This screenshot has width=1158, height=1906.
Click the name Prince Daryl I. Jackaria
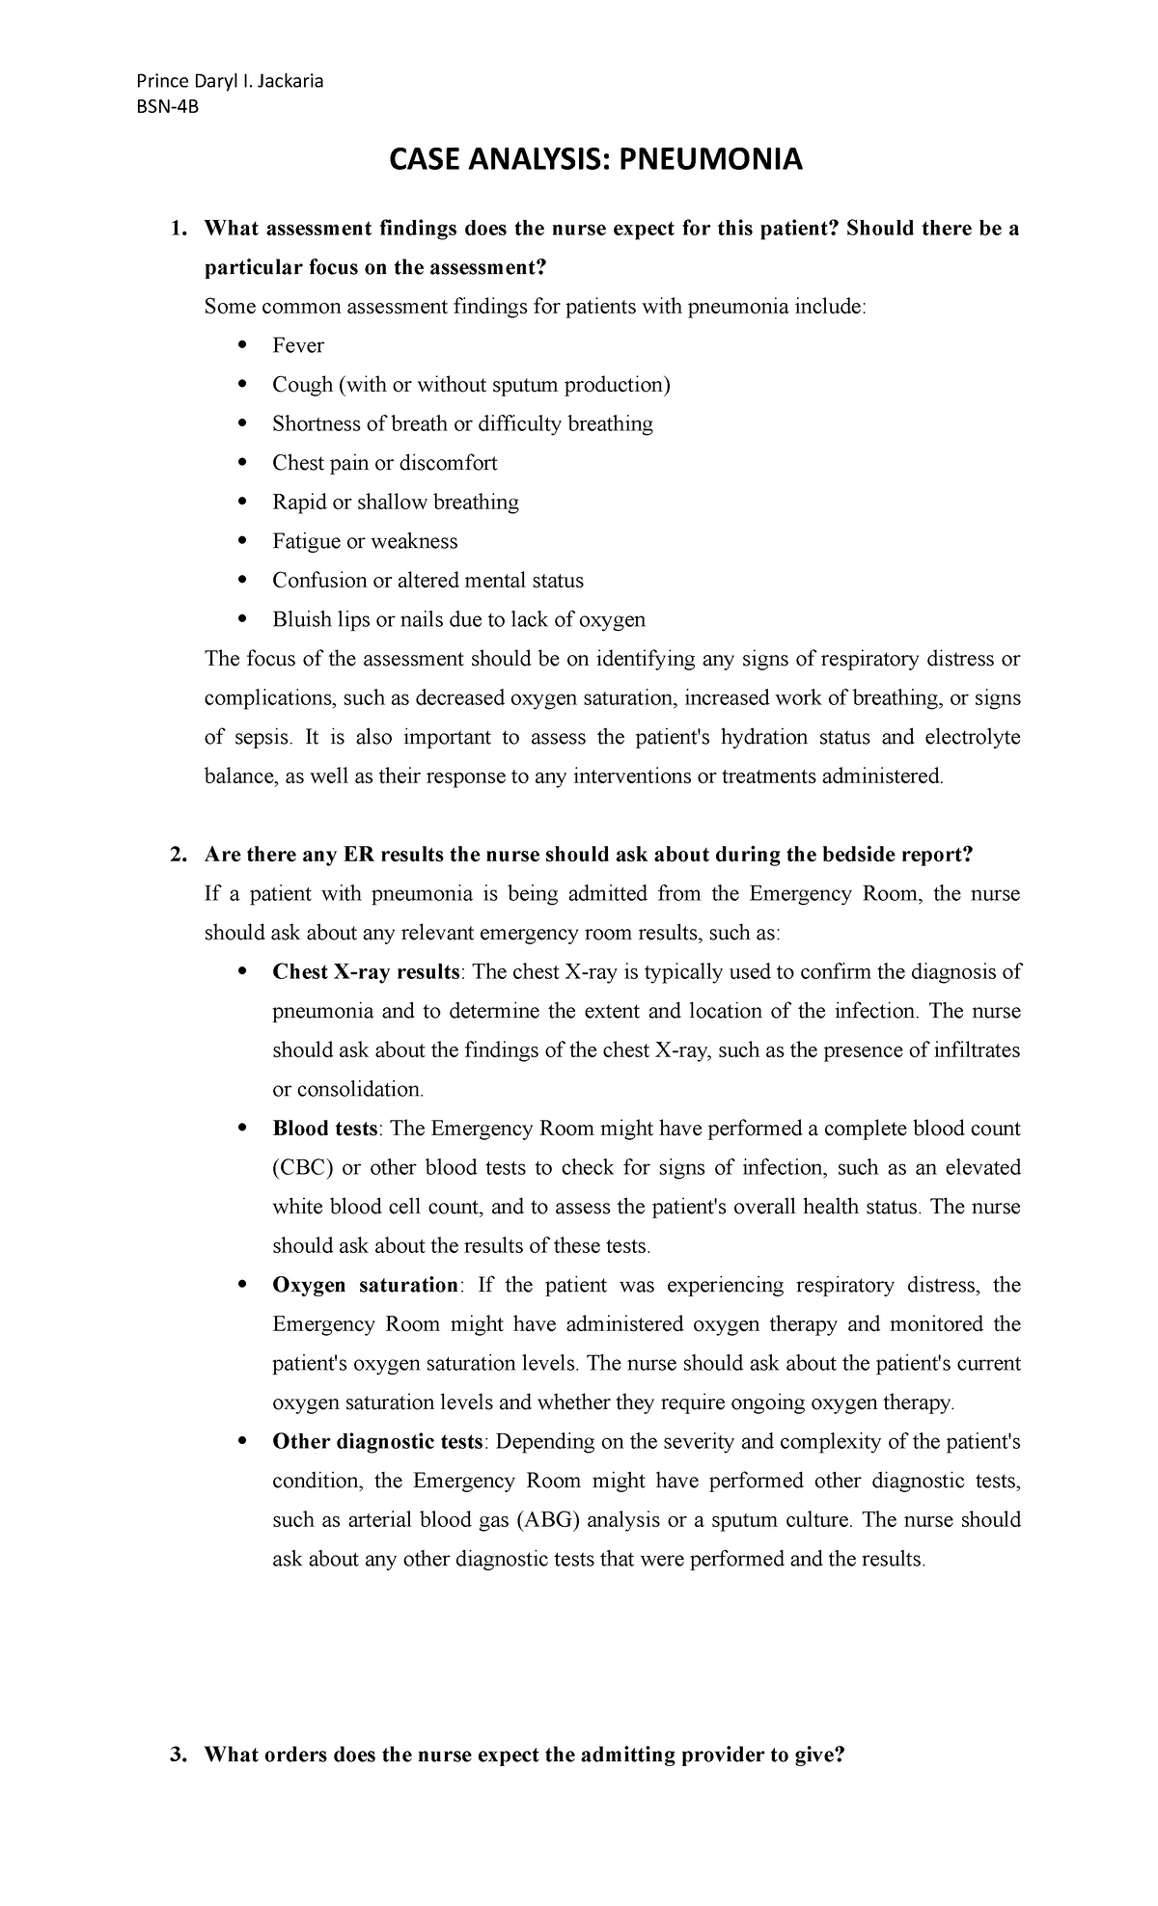[230, 81]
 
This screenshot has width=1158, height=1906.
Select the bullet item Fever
[297, 345]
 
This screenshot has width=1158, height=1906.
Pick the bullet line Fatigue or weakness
[364, 541]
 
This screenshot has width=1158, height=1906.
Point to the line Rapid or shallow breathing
[395, 502]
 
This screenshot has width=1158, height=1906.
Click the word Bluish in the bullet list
[302, 619]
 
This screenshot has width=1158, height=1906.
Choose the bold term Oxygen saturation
[366, 1285]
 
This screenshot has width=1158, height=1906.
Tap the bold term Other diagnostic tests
[377, 1441]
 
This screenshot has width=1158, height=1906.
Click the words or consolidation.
[347, 1089]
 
